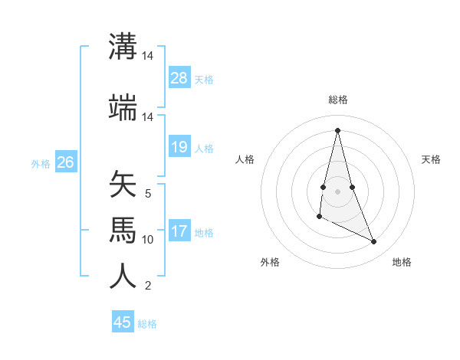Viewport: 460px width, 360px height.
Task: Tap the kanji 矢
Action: coord(123,185)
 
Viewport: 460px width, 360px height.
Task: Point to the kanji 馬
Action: coord(123,230)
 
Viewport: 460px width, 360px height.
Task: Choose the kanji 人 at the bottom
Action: coord(123,276)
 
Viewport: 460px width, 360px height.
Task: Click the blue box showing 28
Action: coord(179,78)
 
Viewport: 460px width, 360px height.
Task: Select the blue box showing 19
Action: coord(179,146)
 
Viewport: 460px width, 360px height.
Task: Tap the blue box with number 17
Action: coord(179,231)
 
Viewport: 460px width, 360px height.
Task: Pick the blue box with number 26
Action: coord(65,162)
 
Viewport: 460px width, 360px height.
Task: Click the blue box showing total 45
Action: coord(123,322)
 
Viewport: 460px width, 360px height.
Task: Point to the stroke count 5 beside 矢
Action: coord(148,194)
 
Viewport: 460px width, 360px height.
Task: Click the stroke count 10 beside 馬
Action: coord(148,240)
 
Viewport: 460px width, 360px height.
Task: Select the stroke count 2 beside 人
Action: coord(148,286)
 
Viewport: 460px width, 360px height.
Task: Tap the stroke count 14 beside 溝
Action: coord(148,56)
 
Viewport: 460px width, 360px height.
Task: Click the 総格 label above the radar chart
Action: coord(338,100)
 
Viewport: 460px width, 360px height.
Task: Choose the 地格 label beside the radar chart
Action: coord(402,263)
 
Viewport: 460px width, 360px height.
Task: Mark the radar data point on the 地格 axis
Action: coord(374,242)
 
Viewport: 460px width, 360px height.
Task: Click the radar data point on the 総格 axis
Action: coord(338,129)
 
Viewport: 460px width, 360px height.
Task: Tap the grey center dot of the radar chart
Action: coord(338,190)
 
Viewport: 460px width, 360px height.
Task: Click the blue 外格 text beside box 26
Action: coord(40,163)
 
